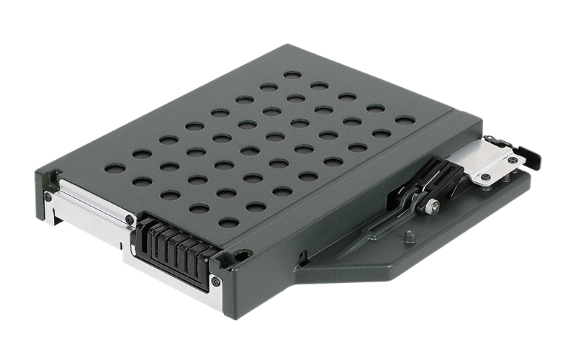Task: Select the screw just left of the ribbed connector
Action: [x=129, y=219]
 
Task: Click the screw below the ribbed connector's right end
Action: [x=215, y=281]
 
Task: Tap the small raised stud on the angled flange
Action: [x=409, y=235]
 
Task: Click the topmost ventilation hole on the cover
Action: [x=292, y=74]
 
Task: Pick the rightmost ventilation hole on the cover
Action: [x=405, y=120]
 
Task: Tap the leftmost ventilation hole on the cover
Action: [x=114, y=168]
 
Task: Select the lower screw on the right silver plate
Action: [x=486, y=176]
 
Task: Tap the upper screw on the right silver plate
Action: [x=512, y=160]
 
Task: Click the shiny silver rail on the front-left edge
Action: [x=86, y=209]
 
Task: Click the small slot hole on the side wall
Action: [x=302, y=256]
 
